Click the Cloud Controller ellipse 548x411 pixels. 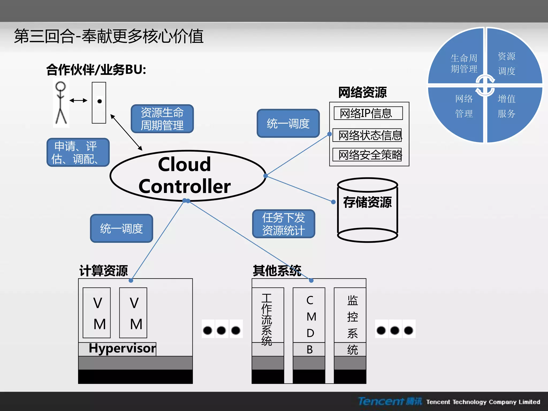point(187,176)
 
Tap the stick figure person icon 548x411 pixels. point(61,103)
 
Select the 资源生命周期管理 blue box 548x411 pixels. point(162,119)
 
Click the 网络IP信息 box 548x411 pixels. point(368,113)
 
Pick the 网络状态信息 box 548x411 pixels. point(367,135)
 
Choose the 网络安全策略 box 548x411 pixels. point(367,155)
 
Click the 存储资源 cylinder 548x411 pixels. point(367,210)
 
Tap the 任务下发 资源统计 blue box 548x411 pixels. point(284,224)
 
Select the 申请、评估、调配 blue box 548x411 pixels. point(78,153)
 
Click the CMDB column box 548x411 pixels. point(309,321)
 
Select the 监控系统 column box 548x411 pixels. point(350,321)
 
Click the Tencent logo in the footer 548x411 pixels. point(390,401)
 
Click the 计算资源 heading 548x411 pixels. point(104,271)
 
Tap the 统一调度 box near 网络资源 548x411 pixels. point(288,123)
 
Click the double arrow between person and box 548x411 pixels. point(78,101)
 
